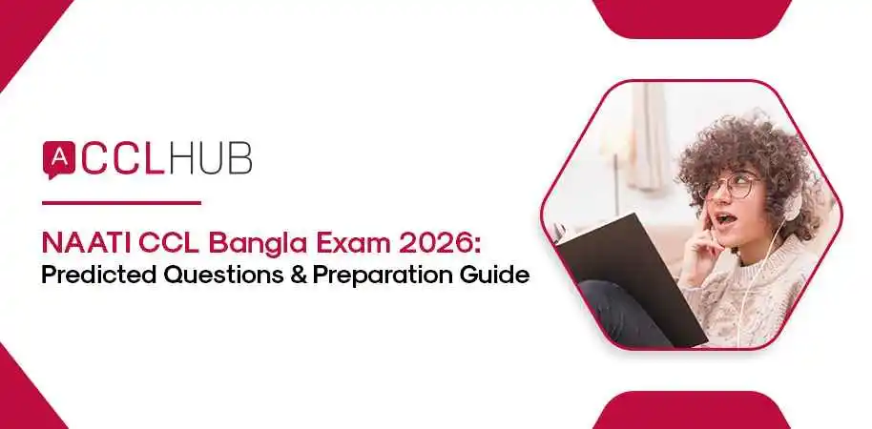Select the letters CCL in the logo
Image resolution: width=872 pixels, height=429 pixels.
[x=124, y=159]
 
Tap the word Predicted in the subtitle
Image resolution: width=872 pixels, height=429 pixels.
[x=96, y=276]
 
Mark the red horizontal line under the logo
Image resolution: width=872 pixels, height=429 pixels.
[x=121, y=202]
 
